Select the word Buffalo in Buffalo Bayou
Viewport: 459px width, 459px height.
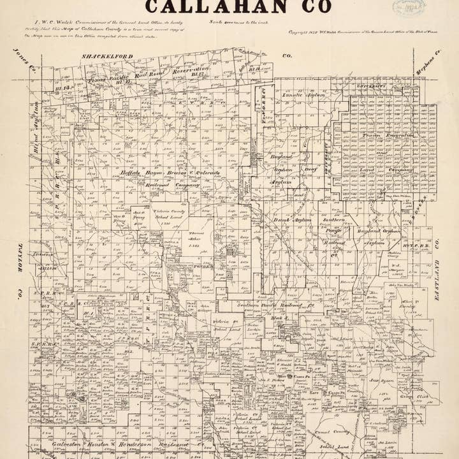(x=134, y=173)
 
